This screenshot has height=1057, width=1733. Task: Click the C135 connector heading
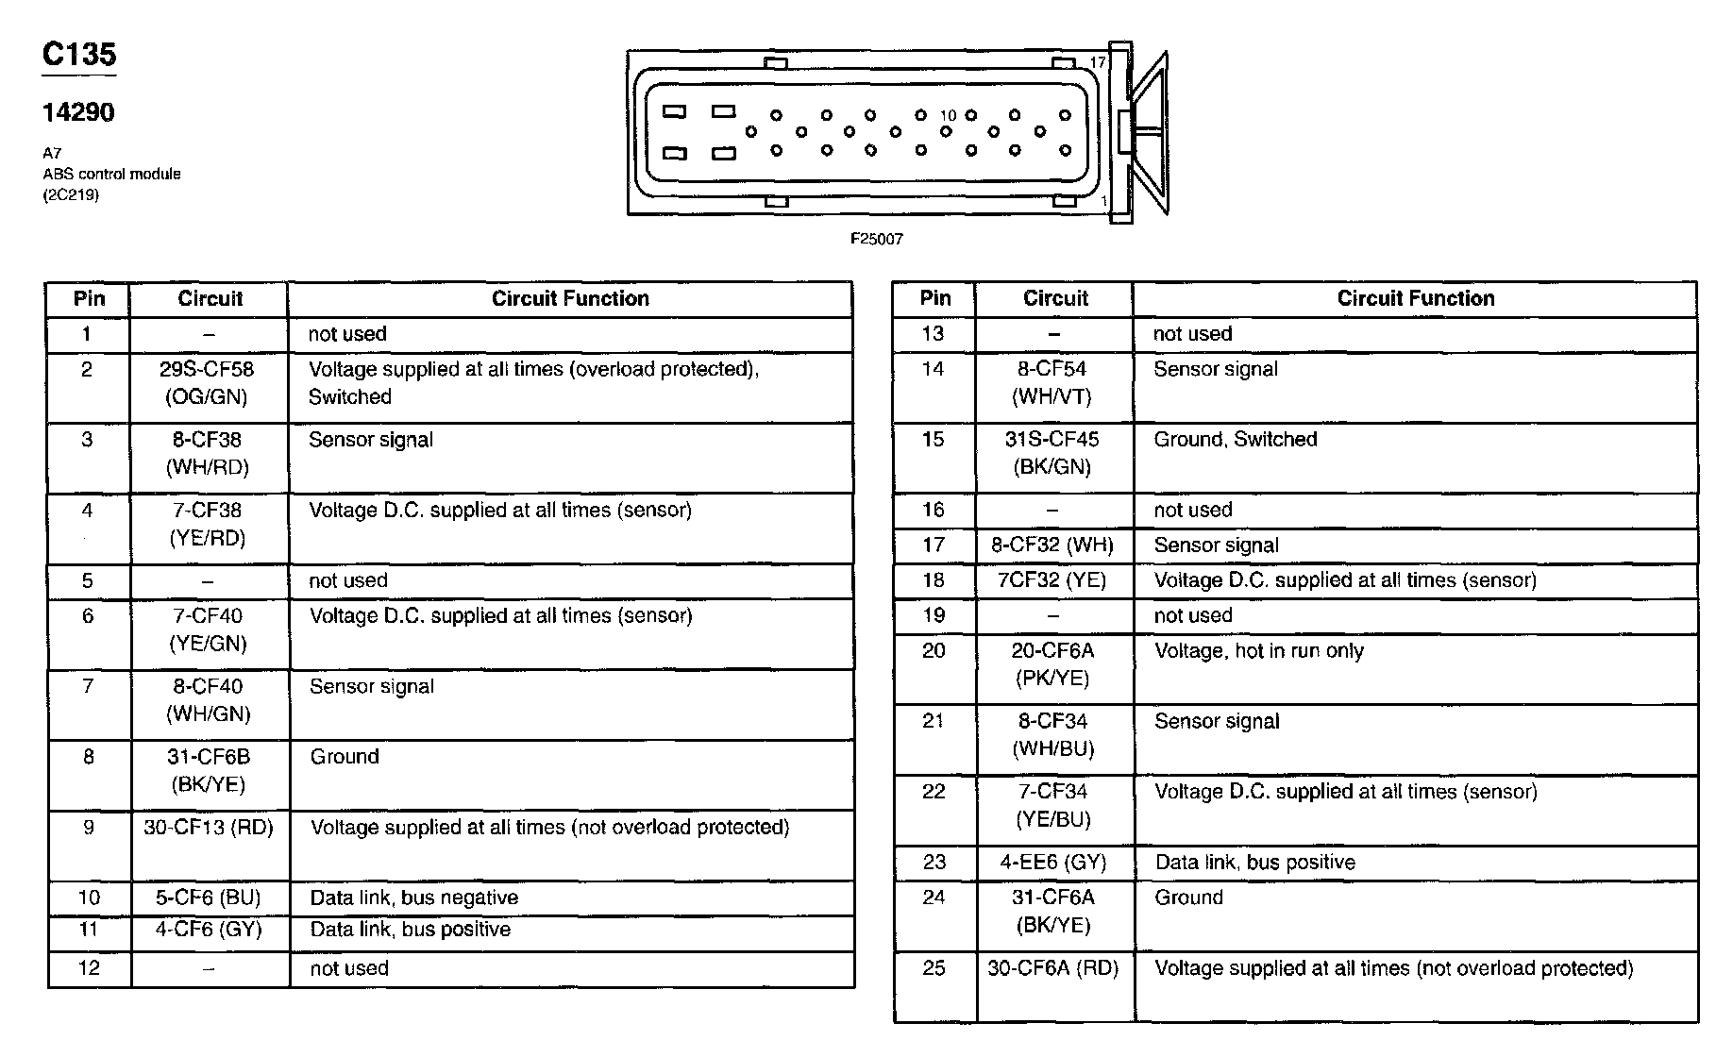coord(79,55)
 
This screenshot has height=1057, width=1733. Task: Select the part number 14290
coord(78,113)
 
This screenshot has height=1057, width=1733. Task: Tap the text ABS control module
coord(111,174)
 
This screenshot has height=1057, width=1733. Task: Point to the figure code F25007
coord(877,240)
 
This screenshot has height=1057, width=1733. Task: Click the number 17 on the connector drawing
coord(1098,62)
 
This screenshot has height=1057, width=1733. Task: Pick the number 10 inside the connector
coord(948,115)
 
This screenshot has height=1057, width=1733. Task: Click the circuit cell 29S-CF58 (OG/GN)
coord(207,383)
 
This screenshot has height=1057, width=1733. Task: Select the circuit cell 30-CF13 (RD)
coord(209,828)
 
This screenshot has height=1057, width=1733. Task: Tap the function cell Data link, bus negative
coord(414,898)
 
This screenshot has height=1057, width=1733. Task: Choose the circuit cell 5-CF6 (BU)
coord(209,898)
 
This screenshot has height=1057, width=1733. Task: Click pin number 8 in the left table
coord(88,757)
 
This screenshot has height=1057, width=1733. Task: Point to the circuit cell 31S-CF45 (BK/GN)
coord(1052,453)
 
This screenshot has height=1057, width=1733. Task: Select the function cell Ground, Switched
coord(1235,440)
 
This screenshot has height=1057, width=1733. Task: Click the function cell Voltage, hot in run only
coord(1258,651)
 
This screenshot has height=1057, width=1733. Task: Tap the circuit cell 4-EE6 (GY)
coord(1053,863)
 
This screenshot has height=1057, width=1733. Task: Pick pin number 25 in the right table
coord(934,968)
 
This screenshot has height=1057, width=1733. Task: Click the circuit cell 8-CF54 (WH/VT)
coord(1052,383)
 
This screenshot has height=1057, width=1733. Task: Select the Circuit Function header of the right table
coord(1415,299)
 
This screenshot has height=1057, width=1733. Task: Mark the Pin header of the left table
coord(89,299)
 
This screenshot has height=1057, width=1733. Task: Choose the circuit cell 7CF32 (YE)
coord(1052,580)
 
